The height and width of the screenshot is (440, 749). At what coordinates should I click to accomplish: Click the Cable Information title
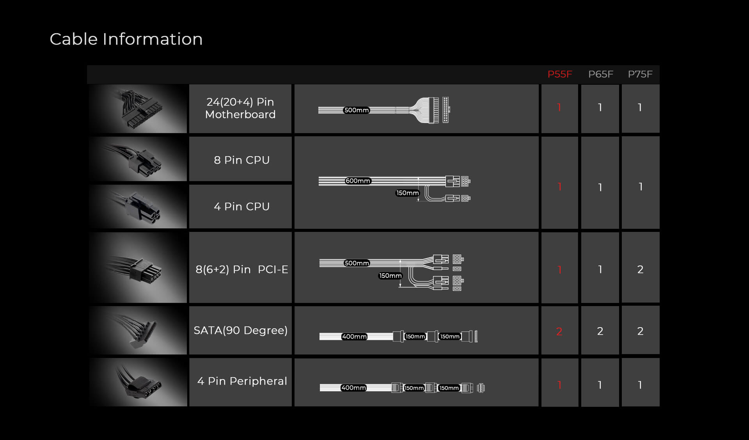(x=126, y=39)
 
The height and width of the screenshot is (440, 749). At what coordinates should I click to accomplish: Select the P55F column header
(x=560, y=74)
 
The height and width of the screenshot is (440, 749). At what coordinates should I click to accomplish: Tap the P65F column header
(x=601, y=74)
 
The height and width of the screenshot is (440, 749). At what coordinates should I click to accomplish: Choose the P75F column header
(x=640, y=74)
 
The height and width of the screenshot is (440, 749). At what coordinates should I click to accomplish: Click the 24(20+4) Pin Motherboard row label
(x=240, y=108)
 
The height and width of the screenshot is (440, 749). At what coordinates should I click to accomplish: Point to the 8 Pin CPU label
(x=241, y=160)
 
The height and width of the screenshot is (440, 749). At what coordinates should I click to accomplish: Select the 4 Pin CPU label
(x=241, y=207)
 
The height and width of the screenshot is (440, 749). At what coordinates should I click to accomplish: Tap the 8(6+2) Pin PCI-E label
(x=241, y=269)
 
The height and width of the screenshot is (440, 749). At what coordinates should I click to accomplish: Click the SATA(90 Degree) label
(x=241, y=331)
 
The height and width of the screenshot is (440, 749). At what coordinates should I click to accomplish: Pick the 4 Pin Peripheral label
(x=242, y=381)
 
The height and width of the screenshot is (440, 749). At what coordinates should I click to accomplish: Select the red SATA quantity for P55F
(x=559, y=331)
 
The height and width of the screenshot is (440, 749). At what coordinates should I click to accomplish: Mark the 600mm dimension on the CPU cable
(x=358, y=181)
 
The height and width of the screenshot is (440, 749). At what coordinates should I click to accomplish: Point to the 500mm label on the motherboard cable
(x=357, y=110)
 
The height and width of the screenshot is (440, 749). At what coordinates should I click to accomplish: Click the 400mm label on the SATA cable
(x=354, y=337)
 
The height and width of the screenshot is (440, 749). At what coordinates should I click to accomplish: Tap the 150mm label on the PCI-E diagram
(x=390, y=276)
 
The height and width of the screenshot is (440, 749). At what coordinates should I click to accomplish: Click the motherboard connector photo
(x=138, y=109)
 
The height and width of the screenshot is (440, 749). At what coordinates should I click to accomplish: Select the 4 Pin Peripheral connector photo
(x=138, y=382)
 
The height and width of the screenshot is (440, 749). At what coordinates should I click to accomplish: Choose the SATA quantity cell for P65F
(x=600, y=330)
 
